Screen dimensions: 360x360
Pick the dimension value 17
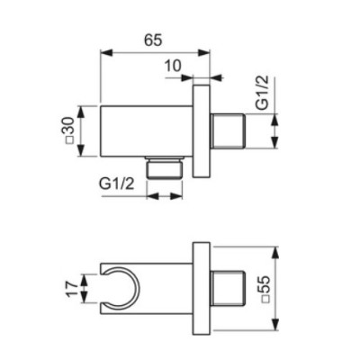[x=69, y=289]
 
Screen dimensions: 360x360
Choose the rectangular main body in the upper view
[x=143, y=131]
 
